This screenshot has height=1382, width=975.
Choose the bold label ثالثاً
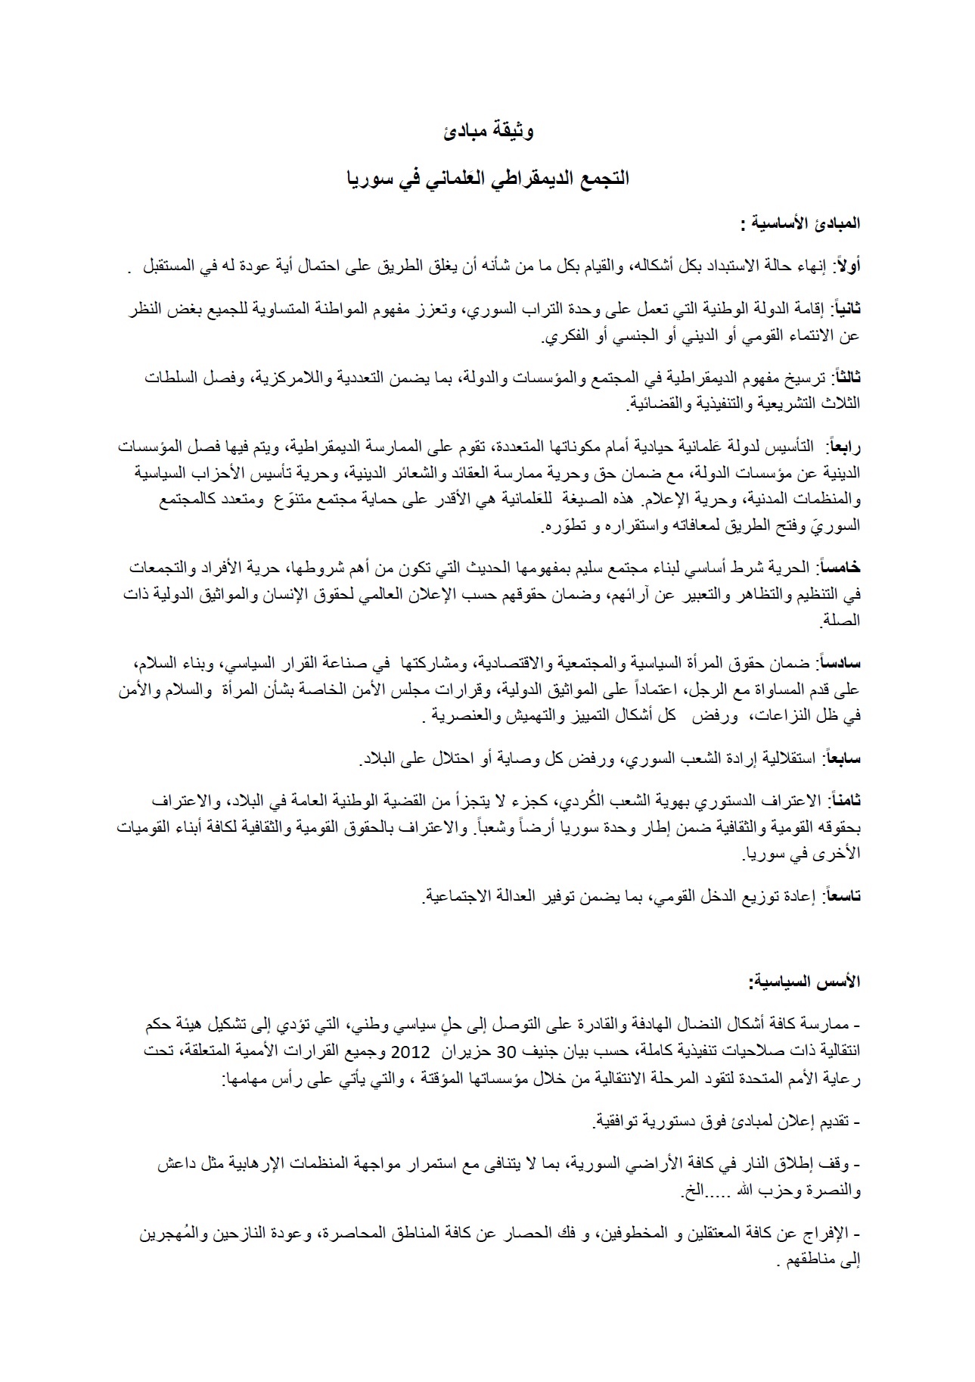[x=845, y=376]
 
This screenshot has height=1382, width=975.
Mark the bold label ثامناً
[x=844, y=801]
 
